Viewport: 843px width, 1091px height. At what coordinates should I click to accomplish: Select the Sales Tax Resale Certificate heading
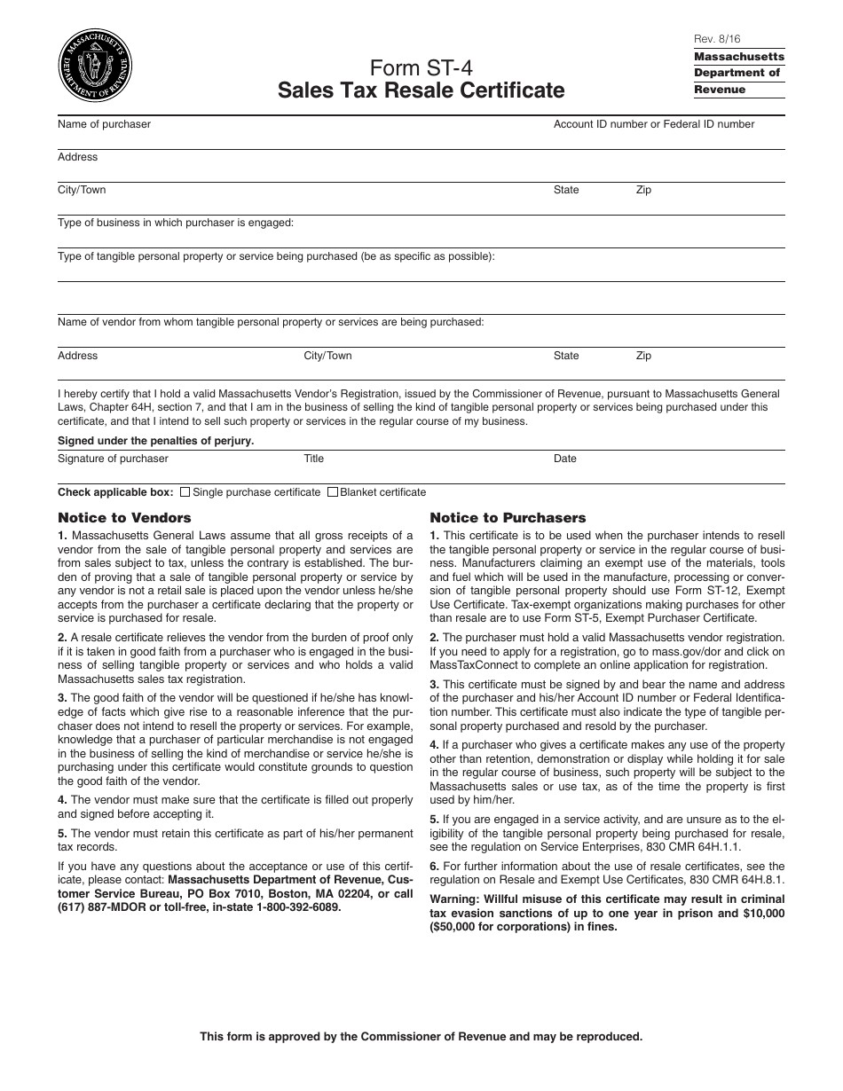tap(421, 90)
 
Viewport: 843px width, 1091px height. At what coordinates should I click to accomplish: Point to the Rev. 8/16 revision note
tap(713, 39)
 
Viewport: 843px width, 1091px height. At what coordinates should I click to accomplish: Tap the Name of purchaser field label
tap(104, 124)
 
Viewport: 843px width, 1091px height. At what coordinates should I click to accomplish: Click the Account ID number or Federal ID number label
tap(654, 124)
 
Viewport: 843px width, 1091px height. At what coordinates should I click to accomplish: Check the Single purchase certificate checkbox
tap(185, 492)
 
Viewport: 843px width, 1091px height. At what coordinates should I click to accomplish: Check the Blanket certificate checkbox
tap(333, 492)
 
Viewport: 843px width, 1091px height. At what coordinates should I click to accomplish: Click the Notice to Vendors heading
tap(124, 517)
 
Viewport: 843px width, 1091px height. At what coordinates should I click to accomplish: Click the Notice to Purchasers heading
tap(508, 517)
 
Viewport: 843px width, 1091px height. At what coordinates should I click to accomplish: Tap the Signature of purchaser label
tap(113, 459)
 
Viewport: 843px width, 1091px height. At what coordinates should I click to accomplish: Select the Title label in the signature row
tap(314, 459)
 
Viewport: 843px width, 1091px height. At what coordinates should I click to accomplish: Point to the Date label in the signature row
tap(565, 459)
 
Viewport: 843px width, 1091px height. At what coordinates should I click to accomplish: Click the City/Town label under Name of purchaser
tap(82, 190)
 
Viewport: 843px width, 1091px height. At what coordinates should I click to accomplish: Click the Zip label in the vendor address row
tap(643, 356)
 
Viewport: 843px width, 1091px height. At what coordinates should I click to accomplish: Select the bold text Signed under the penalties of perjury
tap(155, 441)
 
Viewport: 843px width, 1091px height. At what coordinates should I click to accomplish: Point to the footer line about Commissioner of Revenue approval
tap(421, 1036)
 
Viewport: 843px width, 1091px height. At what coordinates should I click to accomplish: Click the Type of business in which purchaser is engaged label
tap(176, 223)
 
